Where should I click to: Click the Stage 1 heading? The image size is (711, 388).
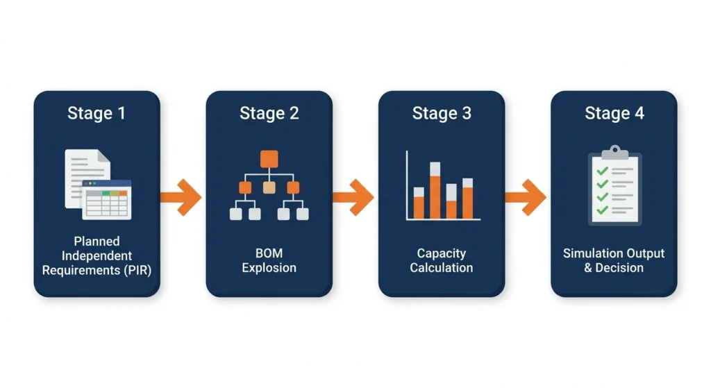[x=97, y=113]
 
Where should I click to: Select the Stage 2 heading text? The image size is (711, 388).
[x=269, y=113]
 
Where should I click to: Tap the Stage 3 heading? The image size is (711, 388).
[x=442, y=113]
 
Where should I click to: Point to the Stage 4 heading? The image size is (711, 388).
[x=614, y=113]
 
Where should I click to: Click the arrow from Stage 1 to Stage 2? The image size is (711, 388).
[x=181, y=197]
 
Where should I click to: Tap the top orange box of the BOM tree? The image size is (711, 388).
[x=269, y=158]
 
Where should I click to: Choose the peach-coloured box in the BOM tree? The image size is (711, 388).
[x=269, y=187]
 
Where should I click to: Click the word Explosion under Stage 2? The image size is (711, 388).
[x=269, y=268]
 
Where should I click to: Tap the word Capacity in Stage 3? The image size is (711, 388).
[x=442, y=253]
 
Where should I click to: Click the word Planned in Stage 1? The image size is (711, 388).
[x=97, y=242]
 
